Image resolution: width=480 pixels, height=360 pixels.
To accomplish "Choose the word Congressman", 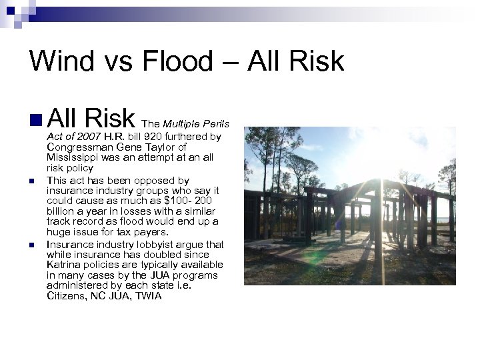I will pyautogui.click(x=81, y=147).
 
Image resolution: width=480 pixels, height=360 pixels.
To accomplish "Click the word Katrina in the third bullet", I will pyautogui.click(x=65, y=265).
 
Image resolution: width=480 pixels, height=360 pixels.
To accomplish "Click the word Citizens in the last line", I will pyautogui.click(x=69, y=295).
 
